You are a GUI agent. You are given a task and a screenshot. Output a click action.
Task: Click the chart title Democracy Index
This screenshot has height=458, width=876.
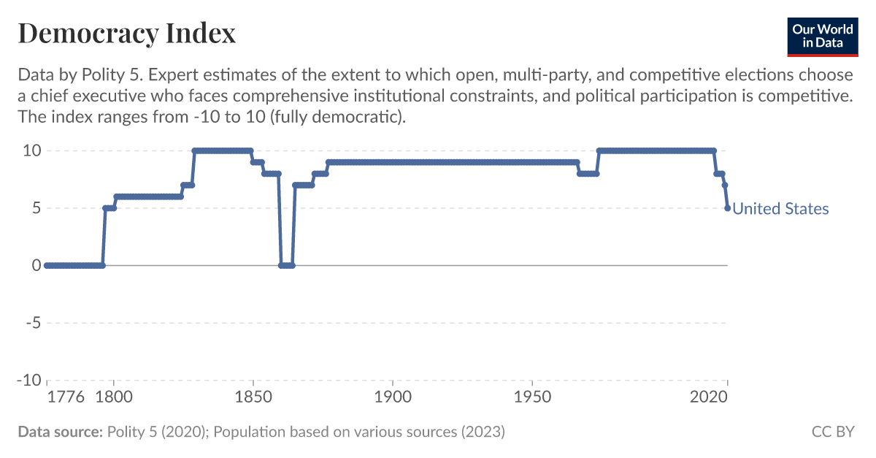pyautogui.click(x=126, y=33)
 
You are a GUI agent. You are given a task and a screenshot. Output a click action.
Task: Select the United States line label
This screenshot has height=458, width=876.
pyautogui.click(x=780, y=209)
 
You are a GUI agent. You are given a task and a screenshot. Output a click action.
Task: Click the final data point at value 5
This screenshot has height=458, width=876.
pyautogui.click(x=727, y=208)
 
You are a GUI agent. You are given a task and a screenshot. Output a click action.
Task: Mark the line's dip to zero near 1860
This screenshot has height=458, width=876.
pyautogui.click(x=286, y=265)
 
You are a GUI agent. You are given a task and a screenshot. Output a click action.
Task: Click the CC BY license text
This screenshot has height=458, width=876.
pyautogui.click(x=832, y=432)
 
